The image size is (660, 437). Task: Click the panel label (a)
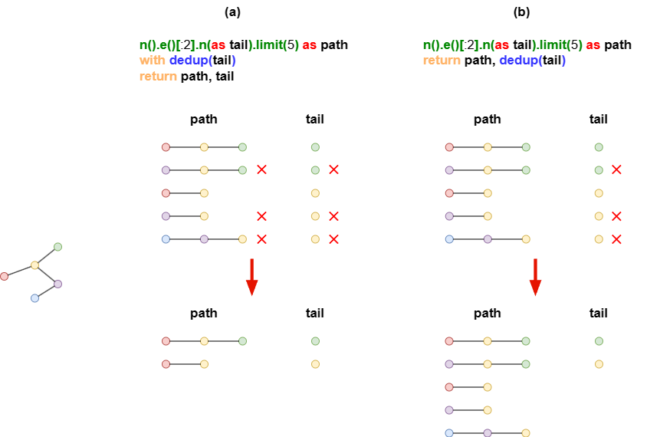click(x=232, y=11)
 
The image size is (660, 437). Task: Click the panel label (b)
click(x=521, y=11)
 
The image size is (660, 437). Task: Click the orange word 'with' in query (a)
click(x=152, y=61)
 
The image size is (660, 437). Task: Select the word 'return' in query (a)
click(x=158, y=76)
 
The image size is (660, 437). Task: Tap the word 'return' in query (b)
click(x=442, y=61)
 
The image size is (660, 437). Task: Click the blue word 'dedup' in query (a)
click(x=189, y=61)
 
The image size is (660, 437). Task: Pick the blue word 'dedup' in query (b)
click(x=519, y=61)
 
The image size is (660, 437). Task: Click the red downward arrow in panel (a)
click(x=251, y=277)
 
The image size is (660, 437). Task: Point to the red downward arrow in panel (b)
click(x=535, y=277)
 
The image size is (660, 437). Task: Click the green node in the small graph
click(x=58, y=247)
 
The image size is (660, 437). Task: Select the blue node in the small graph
click(x=35, y=298)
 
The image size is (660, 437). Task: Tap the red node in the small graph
click(x=4, y=276)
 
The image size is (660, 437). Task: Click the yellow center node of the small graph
click(x=35, y=265)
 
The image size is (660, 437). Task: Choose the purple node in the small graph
click(x=58, y=284)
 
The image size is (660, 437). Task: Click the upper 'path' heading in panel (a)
click(x=204, y=119)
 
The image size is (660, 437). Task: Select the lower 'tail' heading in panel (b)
click(x=598, y=313)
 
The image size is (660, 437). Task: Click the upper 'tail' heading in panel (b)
click(x=598, y=119)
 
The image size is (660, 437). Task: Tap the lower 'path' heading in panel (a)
click(x=204, y=314)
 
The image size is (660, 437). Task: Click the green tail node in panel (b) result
click(x=599, y=341)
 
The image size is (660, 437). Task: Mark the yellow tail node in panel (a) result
click(x=315, y=364)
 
